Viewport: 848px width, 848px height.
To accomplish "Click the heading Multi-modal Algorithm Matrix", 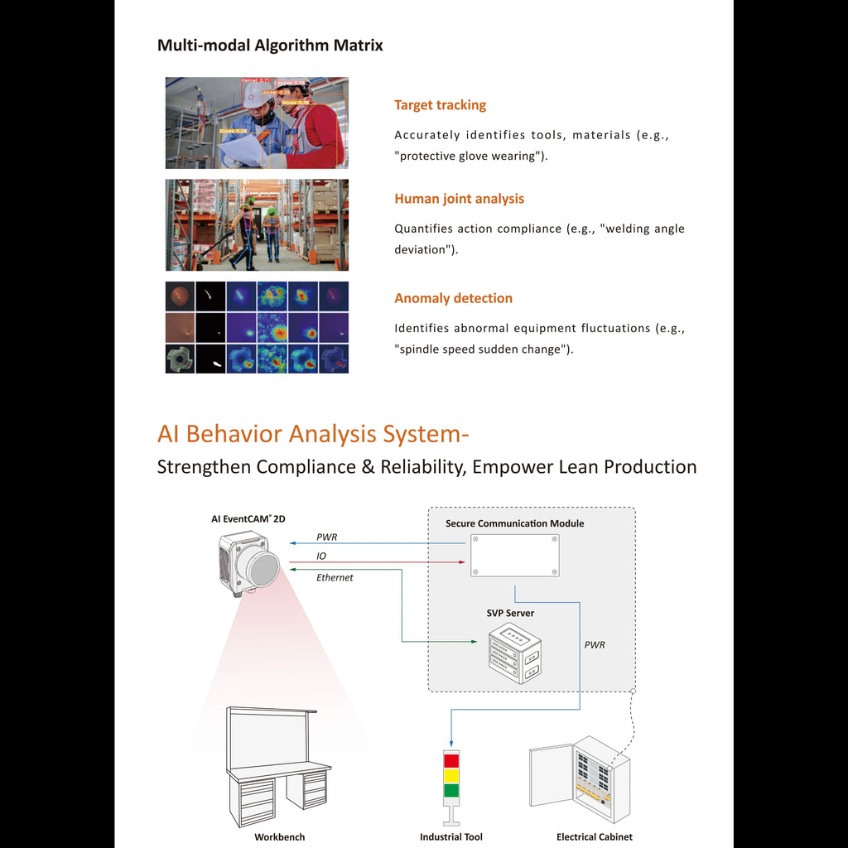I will point(270,46).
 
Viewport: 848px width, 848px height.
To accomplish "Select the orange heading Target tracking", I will point(440,105).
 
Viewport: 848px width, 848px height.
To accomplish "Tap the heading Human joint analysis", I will point(459,199).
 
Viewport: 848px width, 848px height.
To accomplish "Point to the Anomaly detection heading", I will point(453,298).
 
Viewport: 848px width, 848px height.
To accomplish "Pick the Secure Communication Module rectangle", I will point(514,555).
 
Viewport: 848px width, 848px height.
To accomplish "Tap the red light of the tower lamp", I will point(451,760).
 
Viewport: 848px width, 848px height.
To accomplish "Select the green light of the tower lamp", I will point(451,790).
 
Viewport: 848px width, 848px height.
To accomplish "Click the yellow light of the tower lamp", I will point(451,775).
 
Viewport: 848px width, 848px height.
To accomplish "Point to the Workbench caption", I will point(279,837).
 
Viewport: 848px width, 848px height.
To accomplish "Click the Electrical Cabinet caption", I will point(594,837).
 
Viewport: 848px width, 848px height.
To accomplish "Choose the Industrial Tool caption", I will point(450,837).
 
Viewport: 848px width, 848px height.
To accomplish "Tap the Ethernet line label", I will point(335,578).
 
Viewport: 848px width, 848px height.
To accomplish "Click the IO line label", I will point(321,556).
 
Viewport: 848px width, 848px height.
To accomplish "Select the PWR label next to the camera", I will point(326,537).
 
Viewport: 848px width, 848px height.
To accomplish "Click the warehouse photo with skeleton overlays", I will point(257,224).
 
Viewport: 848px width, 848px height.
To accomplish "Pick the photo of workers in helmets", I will point(257,123).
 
